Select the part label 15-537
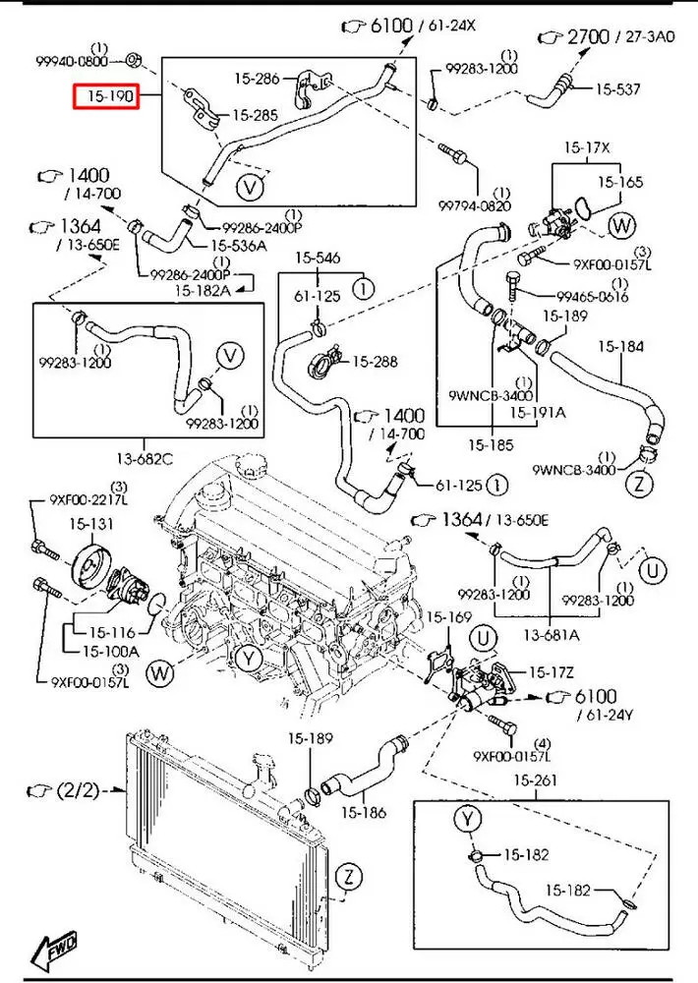[618, 89]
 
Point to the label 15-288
[375, 362]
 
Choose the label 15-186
[365, 812]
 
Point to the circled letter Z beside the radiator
[348, 876]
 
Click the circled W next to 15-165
[621, 226]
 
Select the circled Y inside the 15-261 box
[466, 818]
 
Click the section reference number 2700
[590, 37]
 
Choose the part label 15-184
[619, 346]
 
